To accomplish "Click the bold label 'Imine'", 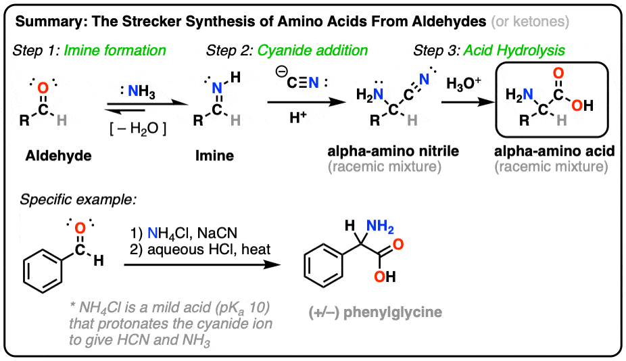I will [x=215, y=156].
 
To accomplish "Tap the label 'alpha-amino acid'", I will [x=557, y=151].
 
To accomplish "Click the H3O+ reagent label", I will [x=464, y=86].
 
